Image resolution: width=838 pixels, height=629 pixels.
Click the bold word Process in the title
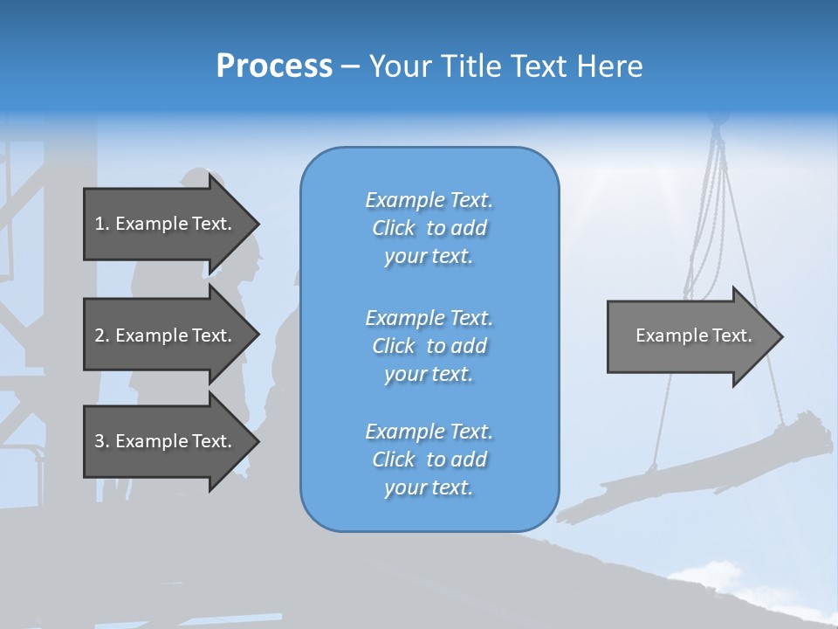click(274, 66)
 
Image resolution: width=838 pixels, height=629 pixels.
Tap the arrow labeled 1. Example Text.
click(166, 224)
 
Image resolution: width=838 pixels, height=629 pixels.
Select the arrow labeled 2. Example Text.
click(166, 335)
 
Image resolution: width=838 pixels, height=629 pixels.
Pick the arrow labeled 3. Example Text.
click(166, 441)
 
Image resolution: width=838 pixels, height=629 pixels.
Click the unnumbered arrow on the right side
click(690, 335)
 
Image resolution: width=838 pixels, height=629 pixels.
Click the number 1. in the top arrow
click(102, 224)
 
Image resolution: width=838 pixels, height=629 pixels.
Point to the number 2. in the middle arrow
click(102, 335)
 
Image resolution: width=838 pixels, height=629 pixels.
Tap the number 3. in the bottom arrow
click(102, 441)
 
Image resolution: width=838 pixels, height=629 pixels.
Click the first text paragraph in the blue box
click(429, 228)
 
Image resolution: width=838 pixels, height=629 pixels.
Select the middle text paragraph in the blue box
click(429, 346)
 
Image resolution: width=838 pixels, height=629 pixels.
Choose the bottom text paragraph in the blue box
click(429, 460)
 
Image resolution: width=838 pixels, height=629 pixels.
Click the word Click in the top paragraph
click(394, 229)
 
